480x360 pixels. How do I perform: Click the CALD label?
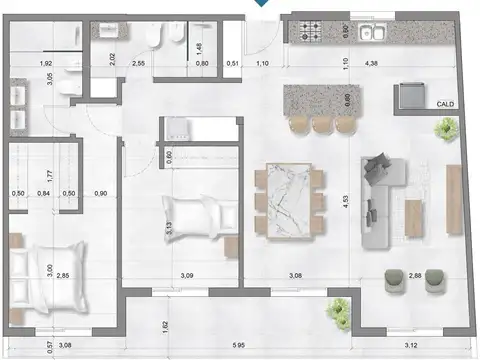coord(445,103)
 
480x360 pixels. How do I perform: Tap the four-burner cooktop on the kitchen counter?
coord(306,32)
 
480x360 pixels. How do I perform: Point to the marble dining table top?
coord(290,200)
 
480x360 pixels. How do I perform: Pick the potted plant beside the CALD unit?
coord(445,128)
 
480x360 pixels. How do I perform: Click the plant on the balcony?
coord(338,309)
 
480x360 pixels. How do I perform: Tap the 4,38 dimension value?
coord(373,64)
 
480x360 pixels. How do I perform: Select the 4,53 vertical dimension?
coord(344,200)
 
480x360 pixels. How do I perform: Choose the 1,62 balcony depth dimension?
coord(164,325)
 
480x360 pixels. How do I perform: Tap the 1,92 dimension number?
coord(46,64)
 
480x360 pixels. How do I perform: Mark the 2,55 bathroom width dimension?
coord(138,64)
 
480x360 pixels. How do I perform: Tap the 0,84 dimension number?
coord(43,193)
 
